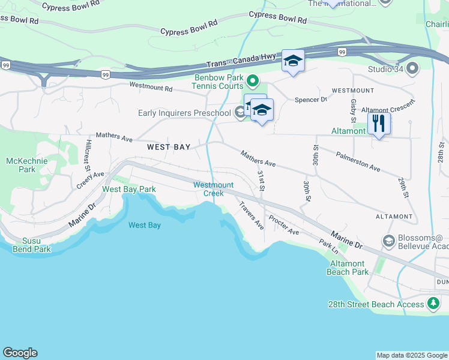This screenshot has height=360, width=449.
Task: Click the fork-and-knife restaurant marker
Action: point(379,124)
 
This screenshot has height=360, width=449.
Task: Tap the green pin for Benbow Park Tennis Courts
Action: point(253,80)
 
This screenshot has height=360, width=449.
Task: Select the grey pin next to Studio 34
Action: point(412,68)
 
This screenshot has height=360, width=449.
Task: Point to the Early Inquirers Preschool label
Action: point(184,113)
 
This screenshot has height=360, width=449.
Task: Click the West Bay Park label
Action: point(129,189)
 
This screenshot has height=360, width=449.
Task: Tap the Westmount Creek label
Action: point(209,189)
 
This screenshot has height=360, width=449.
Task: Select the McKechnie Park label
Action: point(22,165)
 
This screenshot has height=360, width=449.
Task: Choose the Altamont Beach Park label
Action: point(348,268)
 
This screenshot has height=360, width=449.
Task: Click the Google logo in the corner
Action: point(20,353)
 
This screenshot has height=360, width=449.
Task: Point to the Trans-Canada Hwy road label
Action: point(241,60)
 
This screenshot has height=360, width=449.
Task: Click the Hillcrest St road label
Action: point(88,156)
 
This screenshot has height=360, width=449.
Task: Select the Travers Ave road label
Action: point(251,215)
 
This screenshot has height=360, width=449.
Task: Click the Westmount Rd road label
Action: point(151,88)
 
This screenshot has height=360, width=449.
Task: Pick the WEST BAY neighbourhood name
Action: point(169,147)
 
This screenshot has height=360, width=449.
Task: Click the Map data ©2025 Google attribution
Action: point(411,355)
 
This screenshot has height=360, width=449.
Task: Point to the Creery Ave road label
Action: point(90,180)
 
